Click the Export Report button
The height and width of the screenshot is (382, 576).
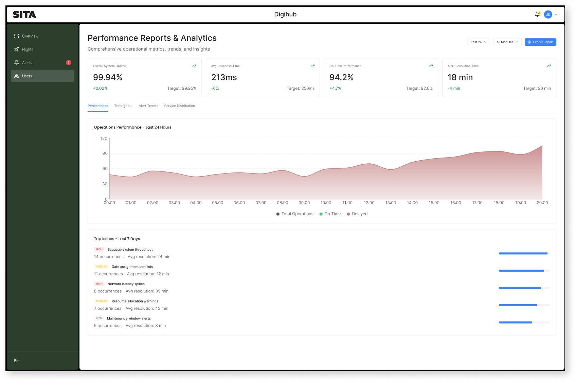pos(540,42)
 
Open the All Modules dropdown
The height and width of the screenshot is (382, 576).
pos(507,42)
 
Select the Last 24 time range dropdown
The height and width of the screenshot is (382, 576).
pos(479,42)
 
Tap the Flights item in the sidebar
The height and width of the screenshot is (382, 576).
pos(28,50)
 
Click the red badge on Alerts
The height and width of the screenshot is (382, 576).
pos(69,62)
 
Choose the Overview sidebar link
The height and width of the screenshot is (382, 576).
pos(30,36)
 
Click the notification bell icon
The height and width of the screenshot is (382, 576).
pos(537,15)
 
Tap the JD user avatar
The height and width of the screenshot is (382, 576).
pos(548,15)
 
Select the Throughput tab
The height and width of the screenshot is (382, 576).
pos(123,106)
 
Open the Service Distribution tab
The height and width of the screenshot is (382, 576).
pos(179,106)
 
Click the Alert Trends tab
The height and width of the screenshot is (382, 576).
pos(148,106)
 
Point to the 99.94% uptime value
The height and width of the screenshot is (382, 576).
pos(108,77)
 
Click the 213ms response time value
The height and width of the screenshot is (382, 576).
pos(224,77)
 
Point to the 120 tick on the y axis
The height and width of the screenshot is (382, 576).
pos(104,139)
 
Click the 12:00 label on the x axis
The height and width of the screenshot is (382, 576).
pos(369,203)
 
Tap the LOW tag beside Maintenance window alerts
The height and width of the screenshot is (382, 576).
pos(99,319)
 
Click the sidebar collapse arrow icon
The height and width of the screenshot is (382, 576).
pos(17,360)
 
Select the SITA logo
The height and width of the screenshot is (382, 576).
pos(24,15)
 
